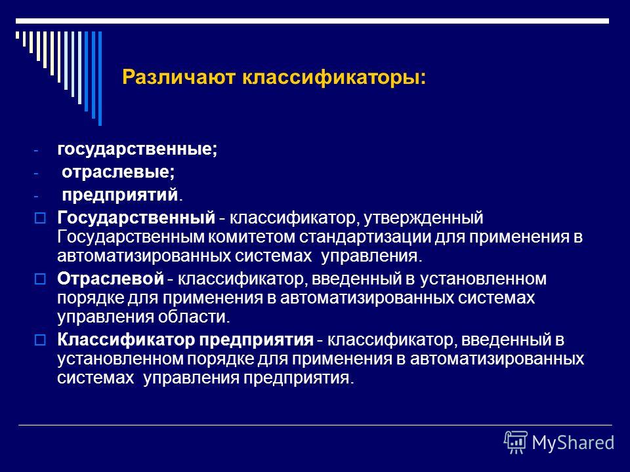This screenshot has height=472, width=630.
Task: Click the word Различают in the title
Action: tap(178, 77)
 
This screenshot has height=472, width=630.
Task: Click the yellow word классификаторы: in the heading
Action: tap(333, 77)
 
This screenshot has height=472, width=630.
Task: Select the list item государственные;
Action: tap(137, 149)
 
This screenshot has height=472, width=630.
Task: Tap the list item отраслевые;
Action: tap(118, 172)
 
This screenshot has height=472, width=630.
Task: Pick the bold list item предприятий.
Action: tap(119, 195)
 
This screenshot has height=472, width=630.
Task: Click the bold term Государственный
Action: tap(136, 218)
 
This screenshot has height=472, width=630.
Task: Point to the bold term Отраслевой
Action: tap(110, 279)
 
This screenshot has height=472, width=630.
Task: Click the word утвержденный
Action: tap(423, 218)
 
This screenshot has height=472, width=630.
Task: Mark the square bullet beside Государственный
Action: tap(40, 218)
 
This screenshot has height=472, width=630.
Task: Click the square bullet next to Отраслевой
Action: tap(40, 279)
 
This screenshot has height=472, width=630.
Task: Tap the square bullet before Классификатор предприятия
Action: tap(40, 340)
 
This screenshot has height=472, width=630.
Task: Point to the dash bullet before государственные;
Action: tap(35, 151)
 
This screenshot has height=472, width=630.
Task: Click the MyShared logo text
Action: tap(573, 442)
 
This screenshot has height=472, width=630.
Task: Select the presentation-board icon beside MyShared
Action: tap(516, 442)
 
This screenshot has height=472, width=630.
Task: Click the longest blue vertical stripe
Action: tap(100, 79)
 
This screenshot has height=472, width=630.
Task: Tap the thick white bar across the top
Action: tap(312, 21)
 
